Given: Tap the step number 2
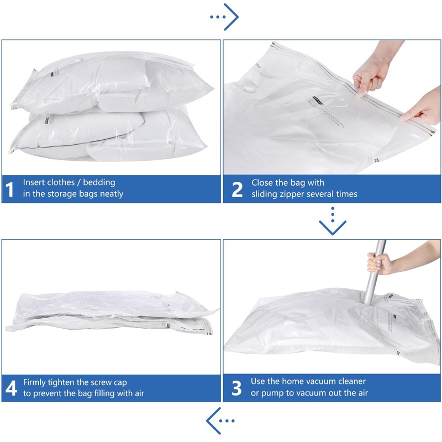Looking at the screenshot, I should [237, 189].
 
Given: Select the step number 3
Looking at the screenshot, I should [237, 388].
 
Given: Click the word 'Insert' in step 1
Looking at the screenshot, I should [34, 182].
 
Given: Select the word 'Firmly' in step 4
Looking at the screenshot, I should [35, 382].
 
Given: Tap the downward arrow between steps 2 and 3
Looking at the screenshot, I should [333, 225].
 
